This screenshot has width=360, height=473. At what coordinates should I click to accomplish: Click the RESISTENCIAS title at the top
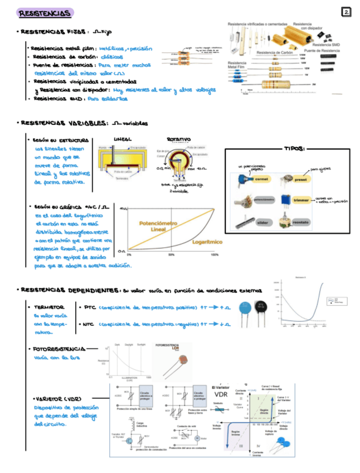pyautogui.click(x=45, y=13)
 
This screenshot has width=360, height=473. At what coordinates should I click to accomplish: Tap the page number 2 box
pyautogui.click(x=346, y=12)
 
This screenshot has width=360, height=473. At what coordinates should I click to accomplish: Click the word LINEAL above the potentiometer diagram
pyautogui.click(x=123, y=139)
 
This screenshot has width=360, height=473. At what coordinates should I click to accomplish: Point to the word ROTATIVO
pyautogui.click(x=179, y=139)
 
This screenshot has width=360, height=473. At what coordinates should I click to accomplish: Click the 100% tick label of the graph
pyautogui.click(x=215, y=254)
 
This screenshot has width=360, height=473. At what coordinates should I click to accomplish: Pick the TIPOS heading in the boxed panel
pyautogui.click(x=294, y=149)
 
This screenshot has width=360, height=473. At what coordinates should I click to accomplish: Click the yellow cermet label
pyautogui.click(x=261, y=179)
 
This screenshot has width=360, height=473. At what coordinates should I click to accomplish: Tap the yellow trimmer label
pyautogui.click(x=301, y=199)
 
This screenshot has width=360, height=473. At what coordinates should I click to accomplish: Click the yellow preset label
pyautogui.click(x=301, y=179)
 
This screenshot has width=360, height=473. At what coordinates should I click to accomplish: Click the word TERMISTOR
pyautogui.click(x=48, y=307)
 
